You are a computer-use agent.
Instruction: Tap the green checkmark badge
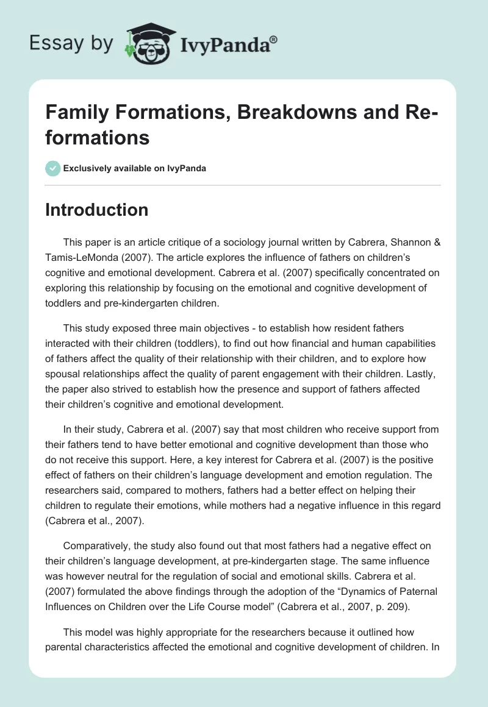(x=53, y=168)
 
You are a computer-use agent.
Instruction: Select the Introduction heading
(x=96, y=210)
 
